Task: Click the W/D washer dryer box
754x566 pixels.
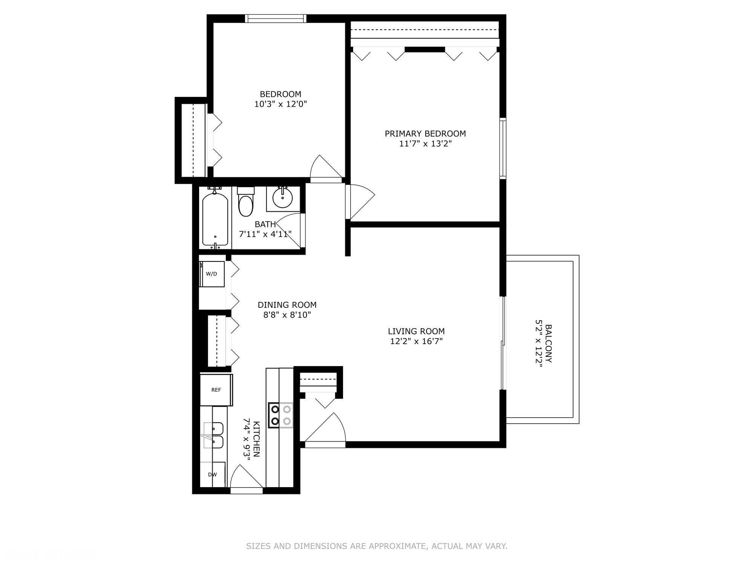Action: tap(212, 274)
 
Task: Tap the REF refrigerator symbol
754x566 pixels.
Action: tap(216, 390)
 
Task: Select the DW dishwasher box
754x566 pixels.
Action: tap(213, 475)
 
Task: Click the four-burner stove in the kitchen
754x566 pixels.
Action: tap(280, 415)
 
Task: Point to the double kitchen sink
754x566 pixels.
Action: tap(214, 435)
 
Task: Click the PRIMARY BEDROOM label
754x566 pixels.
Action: tap(425, 134)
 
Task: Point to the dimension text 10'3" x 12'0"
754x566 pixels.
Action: tap(280, 104)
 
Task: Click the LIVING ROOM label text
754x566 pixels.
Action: tap(416, 331)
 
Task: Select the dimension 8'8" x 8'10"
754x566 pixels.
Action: tap(287, 315)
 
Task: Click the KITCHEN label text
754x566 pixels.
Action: tap(256, 439)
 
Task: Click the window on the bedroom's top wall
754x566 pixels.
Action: tap(275, 18)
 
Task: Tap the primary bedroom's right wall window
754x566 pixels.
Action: tap(503, 148)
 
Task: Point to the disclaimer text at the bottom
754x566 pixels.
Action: tap(377, 546)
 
